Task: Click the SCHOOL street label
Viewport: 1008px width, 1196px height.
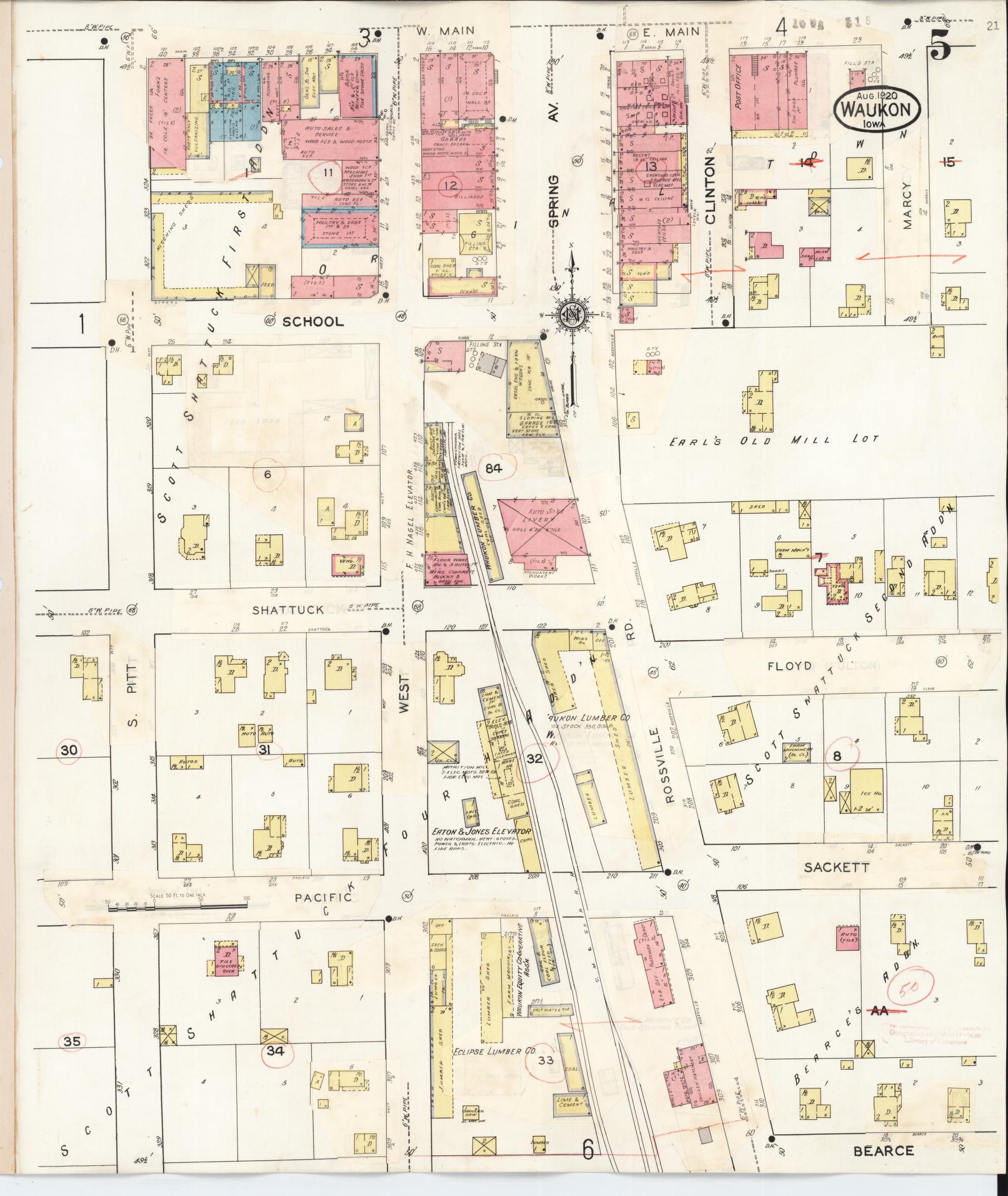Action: pos(313,322)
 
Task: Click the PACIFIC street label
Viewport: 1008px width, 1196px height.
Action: pos(323,897)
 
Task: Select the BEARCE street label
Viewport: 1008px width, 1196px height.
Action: pos(883,1150)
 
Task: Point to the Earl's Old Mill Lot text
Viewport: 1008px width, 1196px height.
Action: pos(774,441)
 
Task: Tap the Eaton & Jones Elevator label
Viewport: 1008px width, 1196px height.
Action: pos(481,832)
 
